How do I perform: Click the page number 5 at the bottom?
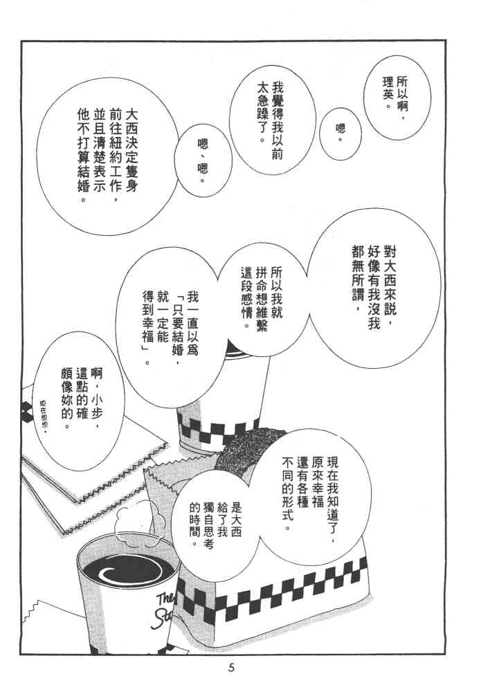(231, 667)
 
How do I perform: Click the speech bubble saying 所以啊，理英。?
(397, 98)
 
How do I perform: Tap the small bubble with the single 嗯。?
(341, 134)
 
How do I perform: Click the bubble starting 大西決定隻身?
(108, 156)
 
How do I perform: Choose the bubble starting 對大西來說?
(374, 288)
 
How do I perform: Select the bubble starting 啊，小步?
(80, 401)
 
